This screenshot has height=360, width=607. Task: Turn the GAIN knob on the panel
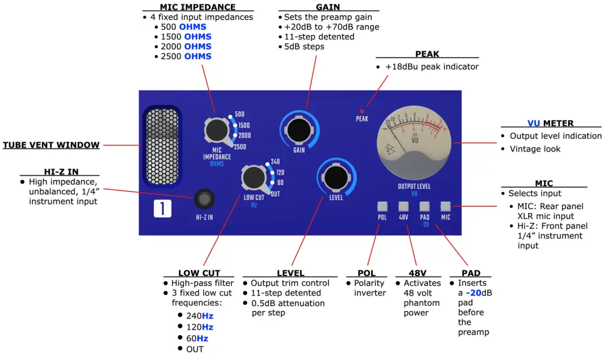point(298,127)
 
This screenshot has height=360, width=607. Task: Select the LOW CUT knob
point(254,177)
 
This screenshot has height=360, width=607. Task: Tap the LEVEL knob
point(336,177)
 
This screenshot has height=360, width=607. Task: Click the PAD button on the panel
point(425,206)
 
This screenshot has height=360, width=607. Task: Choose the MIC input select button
point(445,206)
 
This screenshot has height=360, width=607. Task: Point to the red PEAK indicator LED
point(362,112)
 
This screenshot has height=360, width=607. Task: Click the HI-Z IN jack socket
point(204,200)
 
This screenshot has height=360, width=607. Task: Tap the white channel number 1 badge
point(162,209)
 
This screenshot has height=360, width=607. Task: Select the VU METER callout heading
point(551,123)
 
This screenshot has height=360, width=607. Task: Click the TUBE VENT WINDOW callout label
point(51,145)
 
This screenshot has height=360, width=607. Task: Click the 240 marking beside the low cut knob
point(275,162)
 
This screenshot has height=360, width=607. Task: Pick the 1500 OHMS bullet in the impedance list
point(186,37)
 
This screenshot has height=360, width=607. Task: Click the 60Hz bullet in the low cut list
point(197,339)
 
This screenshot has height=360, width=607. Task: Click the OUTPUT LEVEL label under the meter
point(414,186)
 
